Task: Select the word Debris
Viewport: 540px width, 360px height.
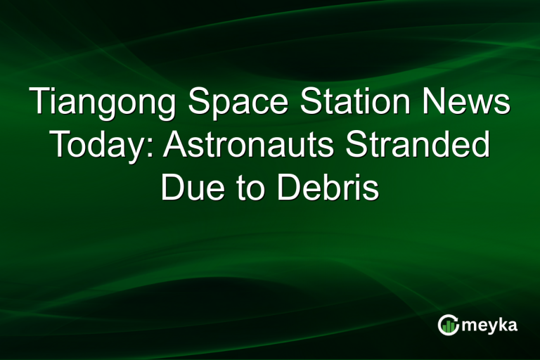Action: (x=328, y=188)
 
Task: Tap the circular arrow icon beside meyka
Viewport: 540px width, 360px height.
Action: (x=448, y=324)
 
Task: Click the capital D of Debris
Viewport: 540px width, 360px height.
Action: (x=288, y=188)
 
